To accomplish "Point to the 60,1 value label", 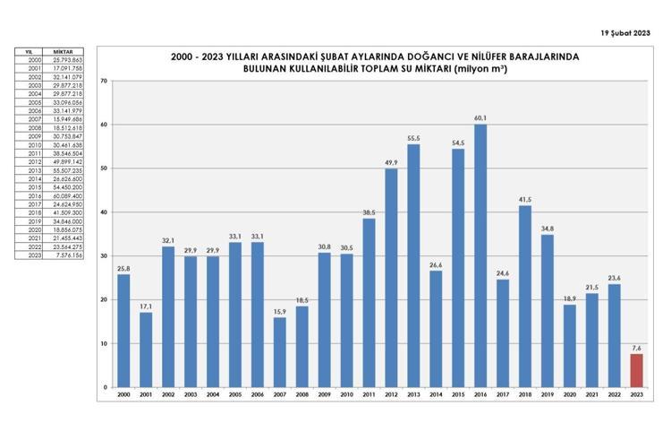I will (480, 118).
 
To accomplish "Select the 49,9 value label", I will (391, 163).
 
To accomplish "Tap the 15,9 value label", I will (279, 312).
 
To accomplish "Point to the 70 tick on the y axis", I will (106, 81).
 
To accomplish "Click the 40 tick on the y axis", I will (106, 212).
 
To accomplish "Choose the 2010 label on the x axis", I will (346, 394).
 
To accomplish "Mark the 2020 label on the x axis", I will (569, 394).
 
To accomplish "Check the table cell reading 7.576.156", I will (68, 255).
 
